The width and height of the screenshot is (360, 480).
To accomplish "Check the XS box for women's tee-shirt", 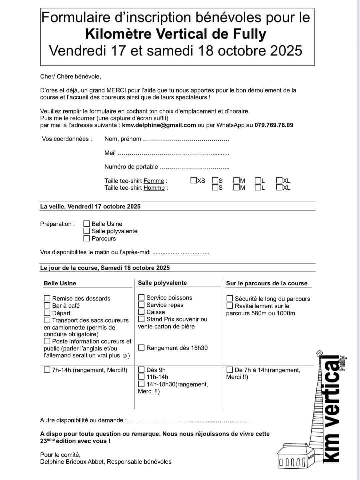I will (x=194, y=180).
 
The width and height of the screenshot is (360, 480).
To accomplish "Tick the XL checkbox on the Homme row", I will (x=279, y=187).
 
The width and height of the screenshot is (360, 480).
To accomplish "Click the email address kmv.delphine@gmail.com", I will (x=159, y=125).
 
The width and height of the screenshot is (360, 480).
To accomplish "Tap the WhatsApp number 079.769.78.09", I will (x=274, y=125).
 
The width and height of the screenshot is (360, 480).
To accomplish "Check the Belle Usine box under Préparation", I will (x=87, y=224).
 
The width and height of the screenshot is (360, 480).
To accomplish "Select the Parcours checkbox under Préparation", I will (x=87, y=238).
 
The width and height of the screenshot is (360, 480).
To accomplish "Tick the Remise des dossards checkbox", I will (x=47, y=298).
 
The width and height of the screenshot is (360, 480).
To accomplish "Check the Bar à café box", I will (x=47, y=305).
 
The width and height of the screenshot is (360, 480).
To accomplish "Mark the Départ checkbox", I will (x=47, y=313).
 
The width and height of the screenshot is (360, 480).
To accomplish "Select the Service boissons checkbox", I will (x=141, y=297).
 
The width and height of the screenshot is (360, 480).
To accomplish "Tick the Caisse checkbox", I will (x=141, y=312).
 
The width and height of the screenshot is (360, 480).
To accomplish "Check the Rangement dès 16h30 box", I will (x=141, y=348).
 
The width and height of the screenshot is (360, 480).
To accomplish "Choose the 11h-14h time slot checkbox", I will (x=141, y=377).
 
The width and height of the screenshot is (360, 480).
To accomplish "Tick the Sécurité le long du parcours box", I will (x=230, y=298).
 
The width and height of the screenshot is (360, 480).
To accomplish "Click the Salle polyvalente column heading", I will (x=162, y=283).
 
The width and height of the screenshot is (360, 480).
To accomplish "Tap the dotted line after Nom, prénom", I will (x=186, y=139).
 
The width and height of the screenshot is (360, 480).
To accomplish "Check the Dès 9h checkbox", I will (x=141, y=370).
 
